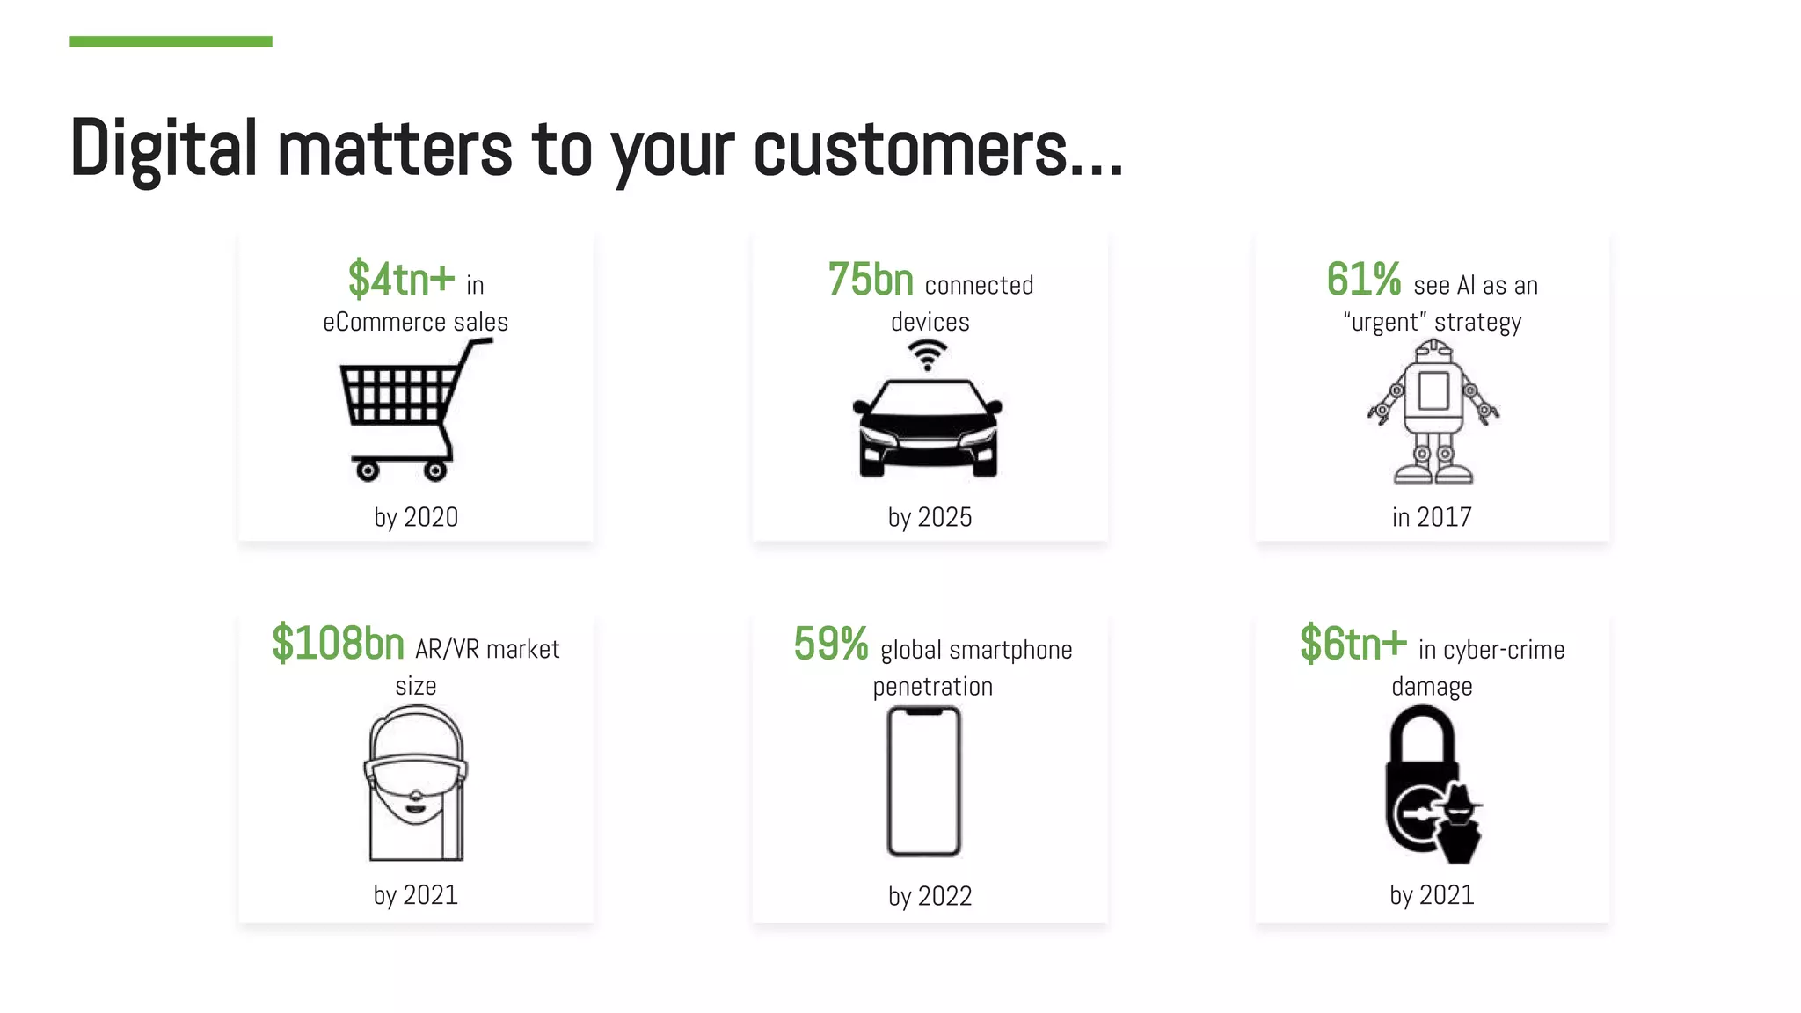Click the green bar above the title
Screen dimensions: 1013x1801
[x=171, y=41]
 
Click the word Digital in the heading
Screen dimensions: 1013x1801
[x=164, y=149]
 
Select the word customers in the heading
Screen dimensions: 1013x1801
[x=910, y=149]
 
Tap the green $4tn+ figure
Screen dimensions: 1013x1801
[x=401, y=280]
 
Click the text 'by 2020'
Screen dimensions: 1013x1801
[x=416, y=517]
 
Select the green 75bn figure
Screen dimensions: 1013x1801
[x=871, y=280]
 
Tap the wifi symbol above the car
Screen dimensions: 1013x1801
[x=927, y=355]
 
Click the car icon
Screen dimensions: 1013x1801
[x=928, y=428]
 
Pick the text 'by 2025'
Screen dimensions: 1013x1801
[x=930, y=517]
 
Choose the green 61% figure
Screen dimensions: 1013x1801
[x=1363, y=280]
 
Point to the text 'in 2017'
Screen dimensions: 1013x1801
[x=1432, y=517]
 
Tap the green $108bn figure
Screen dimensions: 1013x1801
[x=338, y=643]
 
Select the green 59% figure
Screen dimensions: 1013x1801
[x=830, y=644]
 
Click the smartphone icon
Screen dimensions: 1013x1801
[x=924, y=781]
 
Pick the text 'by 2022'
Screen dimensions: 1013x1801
[x=930, y=896]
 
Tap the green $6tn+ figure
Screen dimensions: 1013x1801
[x=1353, y=644]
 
